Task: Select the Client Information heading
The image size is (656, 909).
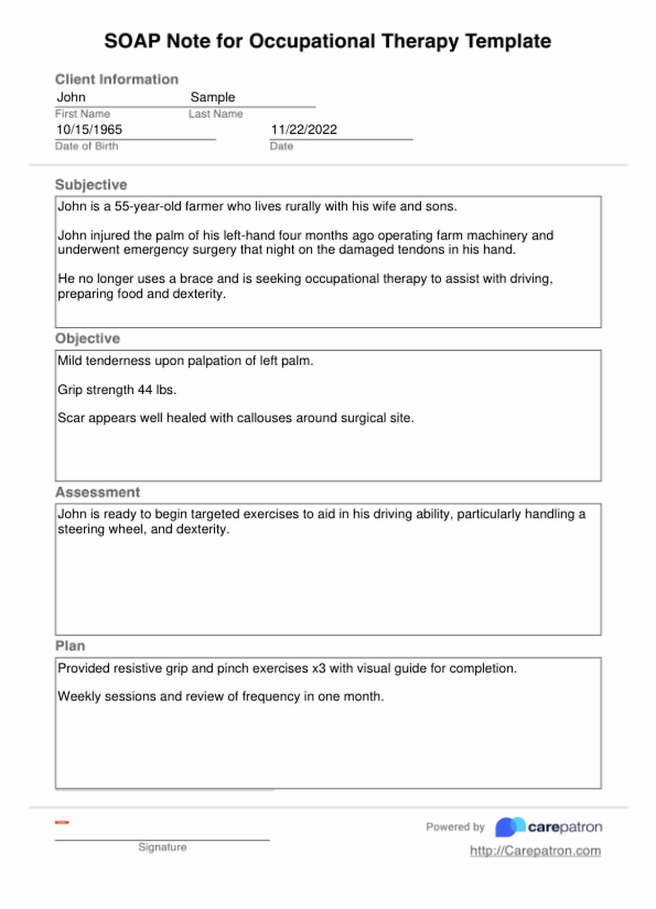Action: [x=117, y=79]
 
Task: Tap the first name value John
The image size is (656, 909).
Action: [x=71, y=97]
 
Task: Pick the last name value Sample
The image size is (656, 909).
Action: [x=213, y=97]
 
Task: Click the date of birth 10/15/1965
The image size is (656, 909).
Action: [x=89, y=129]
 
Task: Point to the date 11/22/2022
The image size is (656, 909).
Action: [x=304, y=129]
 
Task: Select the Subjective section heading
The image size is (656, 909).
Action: [x=91, y=185]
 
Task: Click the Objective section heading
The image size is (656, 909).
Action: [x=88, y=339]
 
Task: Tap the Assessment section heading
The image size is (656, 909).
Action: [x=98, y=492]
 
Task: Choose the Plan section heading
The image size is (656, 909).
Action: [x=70, y=646]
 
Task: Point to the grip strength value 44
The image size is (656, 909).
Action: [x=145, y=390]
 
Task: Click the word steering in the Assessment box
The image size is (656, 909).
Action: [x=81, y=529]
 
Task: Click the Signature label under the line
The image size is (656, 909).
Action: [x=162, y=847]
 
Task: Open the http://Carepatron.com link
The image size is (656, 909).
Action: [x=535, y=851]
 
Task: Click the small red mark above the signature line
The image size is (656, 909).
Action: [x=62, y=823]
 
